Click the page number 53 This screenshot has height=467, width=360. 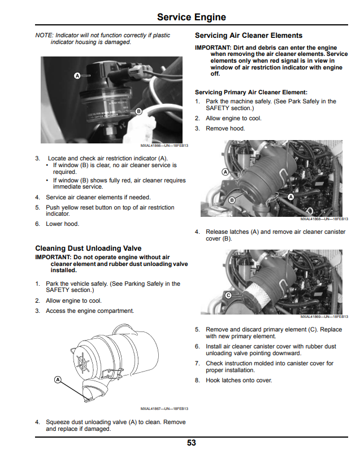(x=192, y=443)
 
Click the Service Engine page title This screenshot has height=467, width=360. (x=192, y=17)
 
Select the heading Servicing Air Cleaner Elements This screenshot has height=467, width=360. (x=249, y=36)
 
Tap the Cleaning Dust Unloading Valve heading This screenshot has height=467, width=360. (x=88, y=248)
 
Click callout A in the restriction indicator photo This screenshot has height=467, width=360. (x=77, y=76)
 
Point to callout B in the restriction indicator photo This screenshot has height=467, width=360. (x=138, y=111)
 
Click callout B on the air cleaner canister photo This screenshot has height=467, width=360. (x=232, y=200)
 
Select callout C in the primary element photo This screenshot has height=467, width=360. (x=228, y=295)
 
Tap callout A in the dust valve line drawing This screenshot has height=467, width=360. (x=58, y=379)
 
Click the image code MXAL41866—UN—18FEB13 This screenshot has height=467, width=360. (x=164, y=146)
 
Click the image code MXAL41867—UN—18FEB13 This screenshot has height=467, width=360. (x=164, y=409)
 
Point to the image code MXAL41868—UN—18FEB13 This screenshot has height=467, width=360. (x=324, y=219)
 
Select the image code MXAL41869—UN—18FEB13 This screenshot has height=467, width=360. (x=324, y=317)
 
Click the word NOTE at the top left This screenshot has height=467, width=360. (x=44, y=35)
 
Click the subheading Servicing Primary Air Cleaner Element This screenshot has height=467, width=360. (x=251, y=93)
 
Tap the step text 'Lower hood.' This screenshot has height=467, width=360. (x=63, y=224)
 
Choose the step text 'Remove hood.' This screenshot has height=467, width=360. (x=225, y=128)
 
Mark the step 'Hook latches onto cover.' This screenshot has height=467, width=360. (x=238, y=381)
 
